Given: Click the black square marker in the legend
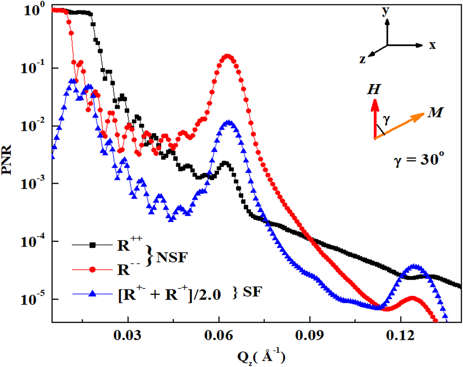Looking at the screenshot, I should point(92,245).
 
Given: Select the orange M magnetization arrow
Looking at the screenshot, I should point(400,125).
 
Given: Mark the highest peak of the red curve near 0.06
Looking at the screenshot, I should point(228,57).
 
